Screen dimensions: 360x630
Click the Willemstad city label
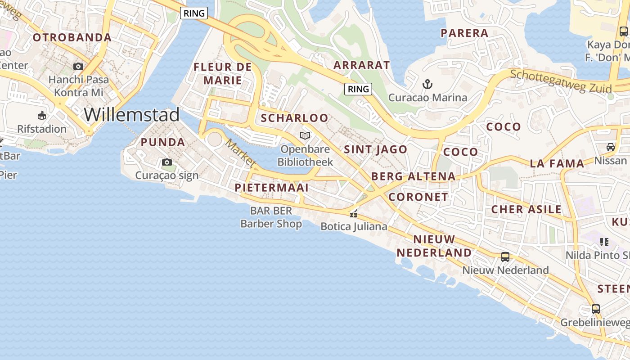132,115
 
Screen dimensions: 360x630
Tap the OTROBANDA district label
72,37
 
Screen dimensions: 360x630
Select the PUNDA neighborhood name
163,142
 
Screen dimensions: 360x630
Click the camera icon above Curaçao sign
167,162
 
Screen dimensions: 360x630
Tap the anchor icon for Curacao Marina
427,84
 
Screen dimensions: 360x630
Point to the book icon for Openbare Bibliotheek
305,135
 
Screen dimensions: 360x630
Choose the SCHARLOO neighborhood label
295,118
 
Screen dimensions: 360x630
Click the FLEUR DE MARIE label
223,74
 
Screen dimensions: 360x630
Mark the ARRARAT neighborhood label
361,65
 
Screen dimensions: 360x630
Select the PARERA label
464,33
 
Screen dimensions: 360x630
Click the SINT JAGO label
376,149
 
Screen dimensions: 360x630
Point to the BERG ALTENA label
414,176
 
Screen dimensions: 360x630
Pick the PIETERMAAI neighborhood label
272,188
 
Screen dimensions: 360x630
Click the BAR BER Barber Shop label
271,217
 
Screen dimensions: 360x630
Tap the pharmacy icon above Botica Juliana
354,214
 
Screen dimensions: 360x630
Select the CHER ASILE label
526,209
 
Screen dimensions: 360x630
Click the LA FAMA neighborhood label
557,163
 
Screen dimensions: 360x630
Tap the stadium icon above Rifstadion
42,116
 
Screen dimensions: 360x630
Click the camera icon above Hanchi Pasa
78,67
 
